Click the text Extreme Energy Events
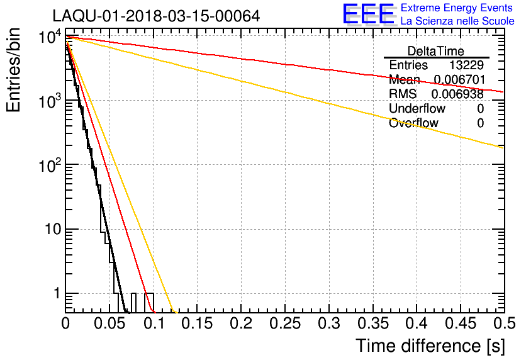457,8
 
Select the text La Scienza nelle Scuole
457,21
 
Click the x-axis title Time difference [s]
429,346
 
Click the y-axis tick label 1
55,293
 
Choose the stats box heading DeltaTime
435,51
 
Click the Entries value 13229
466,65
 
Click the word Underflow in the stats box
415,109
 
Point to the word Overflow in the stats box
413,123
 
